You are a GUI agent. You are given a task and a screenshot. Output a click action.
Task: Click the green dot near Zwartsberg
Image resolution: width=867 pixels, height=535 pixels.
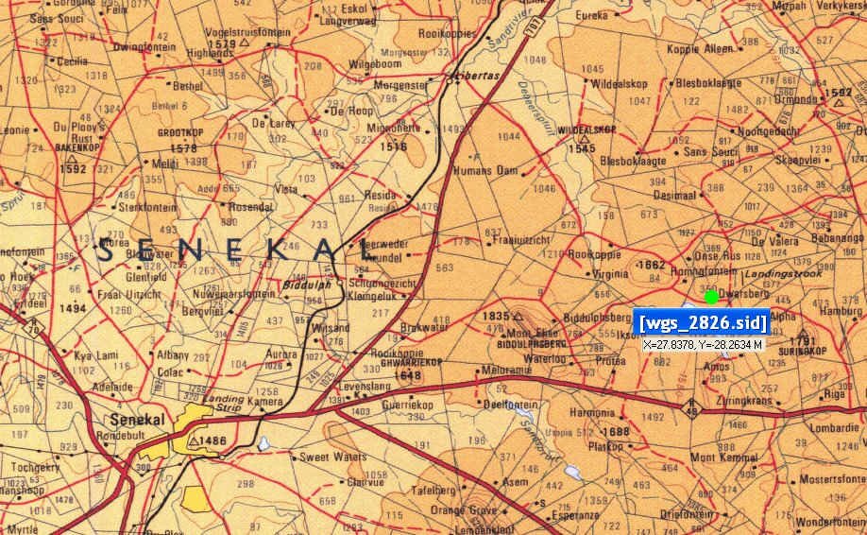(x=711, y=297)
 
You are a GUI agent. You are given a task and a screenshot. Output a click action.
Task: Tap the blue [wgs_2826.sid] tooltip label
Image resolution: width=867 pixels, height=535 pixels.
(x=703, y=323)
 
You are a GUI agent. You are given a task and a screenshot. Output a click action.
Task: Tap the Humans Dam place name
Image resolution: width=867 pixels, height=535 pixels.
(x=486, y=170)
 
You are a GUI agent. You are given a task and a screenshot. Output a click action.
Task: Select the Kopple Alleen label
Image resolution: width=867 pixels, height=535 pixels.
(x=699, y=48)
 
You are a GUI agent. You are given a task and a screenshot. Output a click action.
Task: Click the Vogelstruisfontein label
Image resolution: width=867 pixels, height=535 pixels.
(x=254, y=31)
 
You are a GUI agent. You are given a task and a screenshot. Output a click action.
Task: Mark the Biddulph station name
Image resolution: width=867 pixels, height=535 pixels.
(x=304, y=283)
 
